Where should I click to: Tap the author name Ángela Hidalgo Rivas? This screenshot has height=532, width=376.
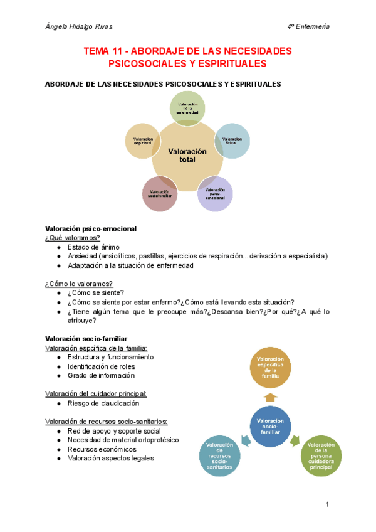[x=79, y=26]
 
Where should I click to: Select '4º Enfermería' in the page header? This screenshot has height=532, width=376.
[x=308, y=26]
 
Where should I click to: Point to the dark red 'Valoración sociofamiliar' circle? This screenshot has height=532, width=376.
[x=160, y=194]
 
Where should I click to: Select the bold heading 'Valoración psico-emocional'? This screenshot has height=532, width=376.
[x=91, y=228]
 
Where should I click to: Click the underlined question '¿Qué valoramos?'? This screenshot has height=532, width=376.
[x=73, y=238]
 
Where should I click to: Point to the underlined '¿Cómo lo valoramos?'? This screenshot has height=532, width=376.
[x=79, y=284]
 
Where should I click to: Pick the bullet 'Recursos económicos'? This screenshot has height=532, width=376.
[x=100, y=449]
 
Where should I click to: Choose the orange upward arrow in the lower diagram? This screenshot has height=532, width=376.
[x=270, y=397]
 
